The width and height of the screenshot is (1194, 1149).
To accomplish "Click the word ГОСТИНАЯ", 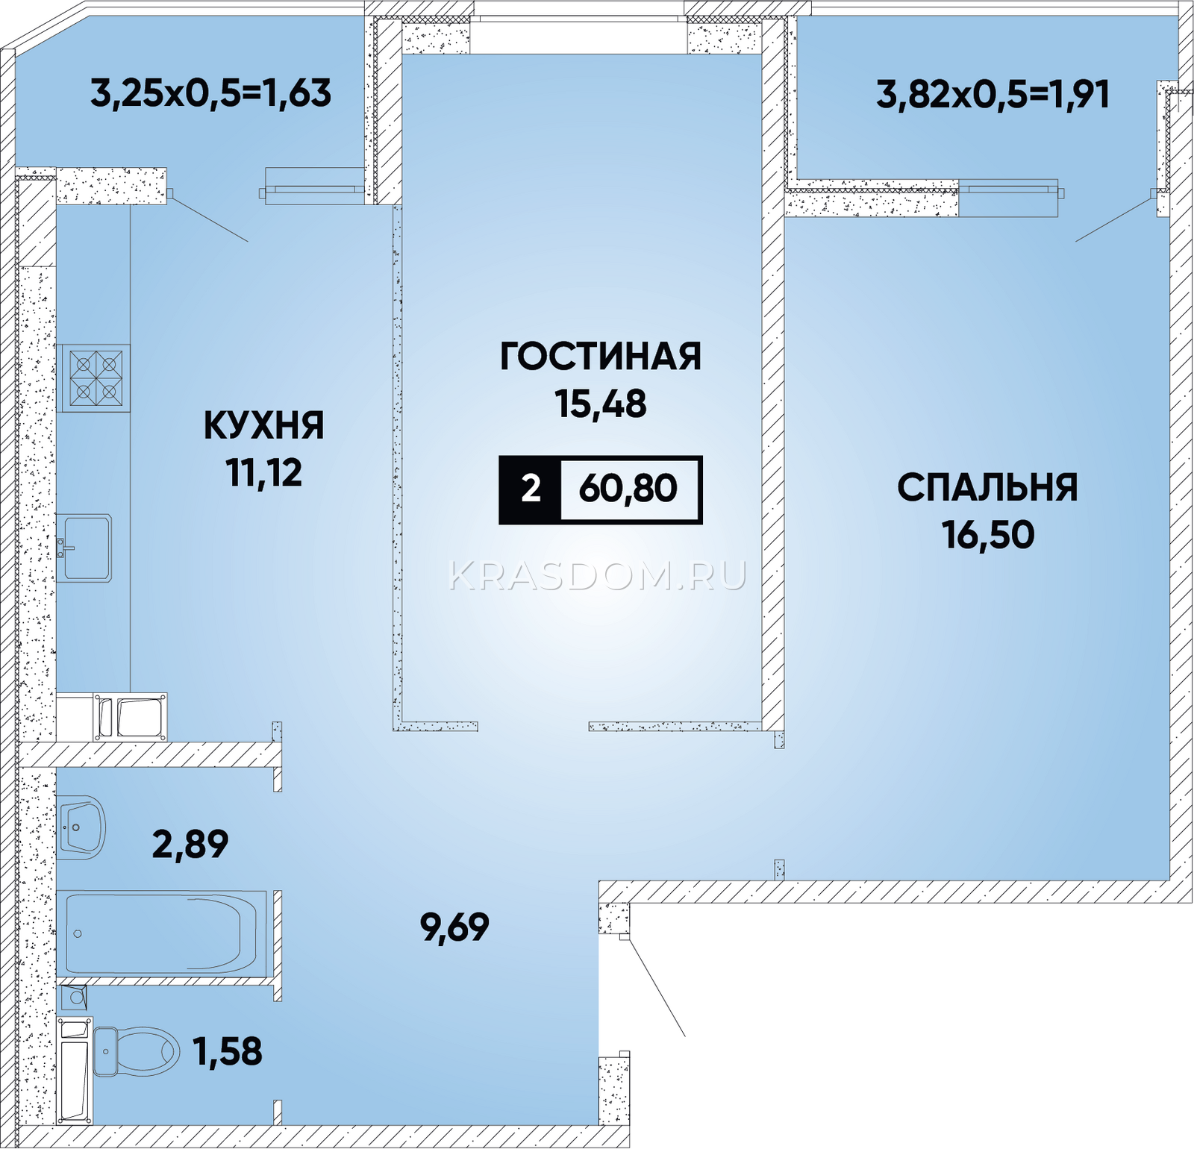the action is pyautogui.click(x=601, y=357).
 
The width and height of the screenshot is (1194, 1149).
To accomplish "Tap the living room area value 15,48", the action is pyautogui.click(x=601, y=404).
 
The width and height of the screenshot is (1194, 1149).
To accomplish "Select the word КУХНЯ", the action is pyautogui.click(x=264, y=426).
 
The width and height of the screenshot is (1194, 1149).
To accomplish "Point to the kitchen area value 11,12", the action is pyautogui.click(x=264, y=472).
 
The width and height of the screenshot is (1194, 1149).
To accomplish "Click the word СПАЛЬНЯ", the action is pyautogui.click(x=987, y=488).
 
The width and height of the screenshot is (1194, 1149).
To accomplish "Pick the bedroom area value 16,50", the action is pyautogui.click(x=987, y=535).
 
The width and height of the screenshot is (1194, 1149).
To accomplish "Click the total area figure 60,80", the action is pyautogui.click(x=628, y=489).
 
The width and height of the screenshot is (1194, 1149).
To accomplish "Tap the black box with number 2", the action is pyautogui.click(x=531, y=489).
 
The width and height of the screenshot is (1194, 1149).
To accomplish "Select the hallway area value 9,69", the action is pyautogui.click(x=454, y=927).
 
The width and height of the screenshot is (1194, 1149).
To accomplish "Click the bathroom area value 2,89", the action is pyautogui.click(x=190, y=845).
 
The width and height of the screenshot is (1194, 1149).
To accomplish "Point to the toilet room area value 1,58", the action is pyautogui.click(x=228, y=1052).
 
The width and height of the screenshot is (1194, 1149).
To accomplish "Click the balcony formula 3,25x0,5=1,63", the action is pyautogui.click(x=211, y=94).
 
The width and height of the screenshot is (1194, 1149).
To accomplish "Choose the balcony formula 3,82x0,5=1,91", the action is pyautogui.click(x=993, y=96).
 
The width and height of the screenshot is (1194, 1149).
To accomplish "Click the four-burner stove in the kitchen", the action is pyautogui.click(x=96, y=378).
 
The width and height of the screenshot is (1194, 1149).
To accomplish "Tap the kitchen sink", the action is pyautogui.click(x=84, y=548).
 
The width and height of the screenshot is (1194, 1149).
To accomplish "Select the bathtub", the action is pyautogui.click(x=162, y=933).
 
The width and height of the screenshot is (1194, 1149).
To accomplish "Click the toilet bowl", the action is pyautogui.click(x=136, y=1051).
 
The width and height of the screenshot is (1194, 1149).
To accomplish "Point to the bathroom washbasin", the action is pyautogui.click(x=81, y=827).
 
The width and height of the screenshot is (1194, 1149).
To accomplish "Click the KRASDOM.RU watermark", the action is pyautogui.click(x=598, y=576).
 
